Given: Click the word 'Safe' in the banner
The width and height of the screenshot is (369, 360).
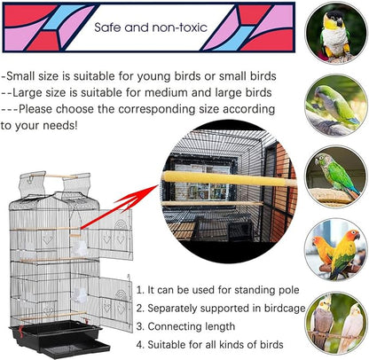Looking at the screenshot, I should point(110,27).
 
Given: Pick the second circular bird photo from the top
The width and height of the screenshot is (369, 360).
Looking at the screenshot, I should point(335,105).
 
